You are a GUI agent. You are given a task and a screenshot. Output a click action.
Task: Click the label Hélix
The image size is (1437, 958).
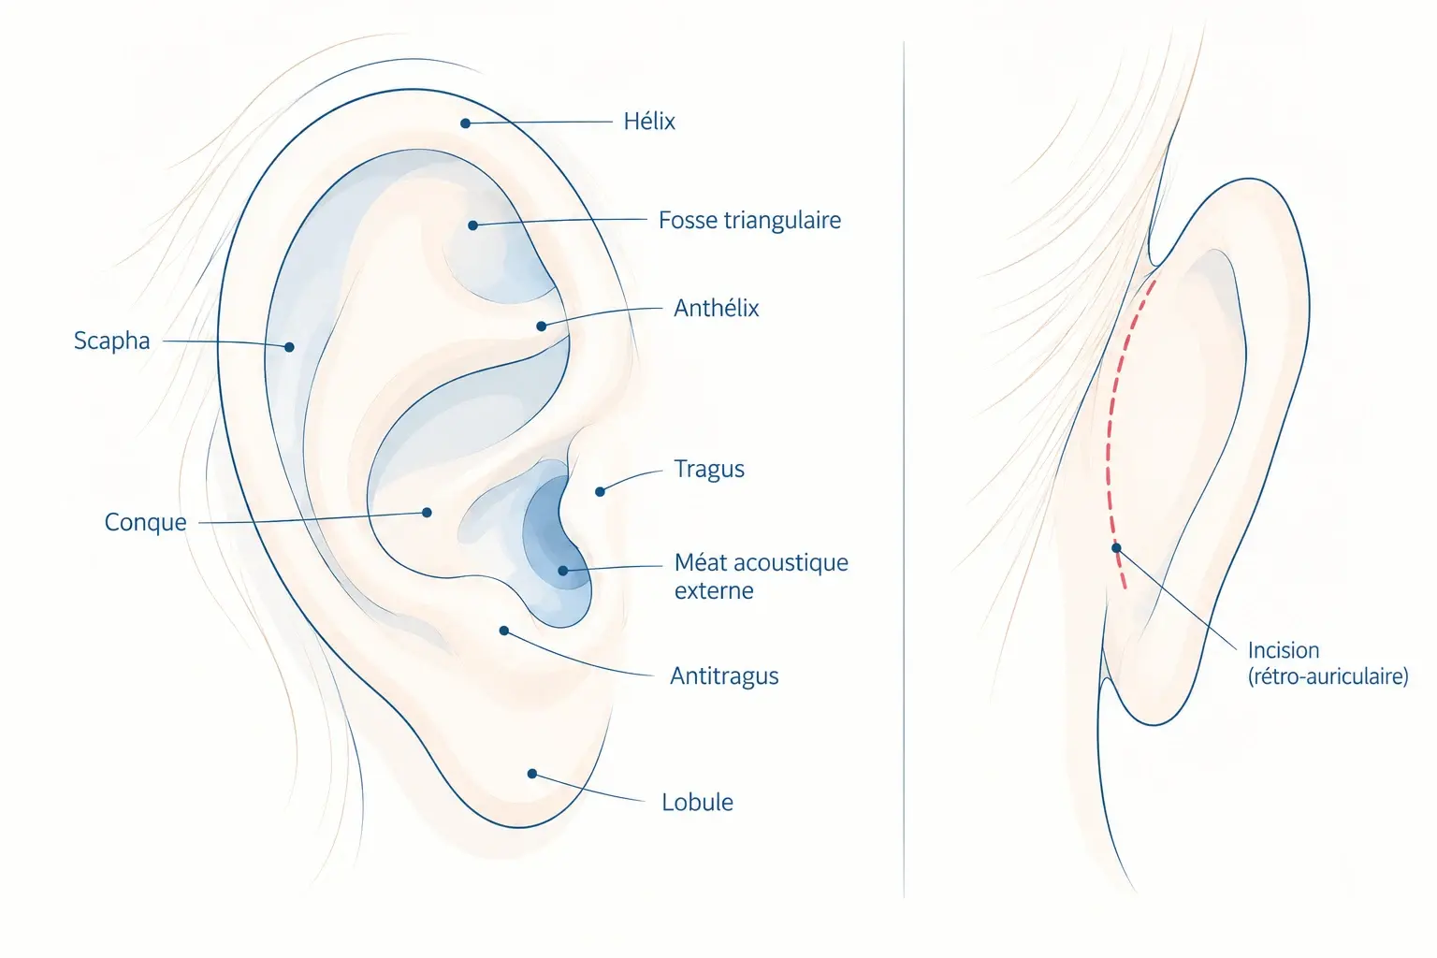point(649,122)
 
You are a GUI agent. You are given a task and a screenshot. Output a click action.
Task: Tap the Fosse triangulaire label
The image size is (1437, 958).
point(750,220)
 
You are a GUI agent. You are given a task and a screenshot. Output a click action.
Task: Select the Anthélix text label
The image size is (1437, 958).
point(716,308)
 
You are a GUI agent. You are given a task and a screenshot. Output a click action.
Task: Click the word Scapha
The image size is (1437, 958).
point(111,341)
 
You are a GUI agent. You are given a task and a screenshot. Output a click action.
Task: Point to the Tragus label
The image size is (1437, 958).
point(709,469)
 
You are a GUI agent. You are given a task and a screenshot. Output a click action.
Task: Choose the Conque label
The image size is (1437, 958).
point(146,522)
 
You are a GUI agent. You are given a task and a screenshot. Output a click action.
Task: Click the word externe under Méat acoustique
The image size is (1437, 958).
point(714,590)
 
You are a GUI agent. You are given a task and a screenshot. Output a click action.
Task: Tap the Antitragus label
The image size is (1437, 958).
point(724,675)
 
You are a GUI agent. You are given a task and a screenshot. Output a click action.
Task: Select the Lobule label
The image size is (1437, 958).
point(697,802)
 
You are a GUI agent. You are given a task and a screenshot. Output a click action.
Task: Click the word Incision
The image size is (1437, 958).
point(1284,650)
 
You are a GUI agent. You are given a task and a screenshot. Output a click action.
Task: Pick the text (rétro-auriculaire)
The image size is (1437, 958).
point(1328,676)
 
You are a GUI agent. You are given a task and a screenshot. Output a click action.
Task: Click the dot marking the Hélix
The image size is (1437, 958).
point(466,123)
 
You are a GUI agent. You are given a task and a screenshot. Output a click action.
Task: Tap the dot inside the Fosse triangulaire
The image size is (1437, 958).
point(472,225)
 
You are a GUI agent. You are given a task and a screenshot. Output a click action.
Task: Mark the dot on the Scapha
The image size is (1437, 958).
point(289,347)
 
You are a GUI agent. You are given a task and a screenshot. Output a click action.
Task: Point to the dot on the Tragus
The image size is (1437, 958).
point(600,491)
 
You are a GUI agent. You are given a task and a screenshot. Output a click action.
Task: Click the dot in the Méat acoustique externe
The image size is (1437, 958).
point(562,571)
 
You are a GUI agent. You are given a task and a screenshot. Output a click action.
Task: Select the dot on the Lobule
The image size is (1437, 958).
point(531,774)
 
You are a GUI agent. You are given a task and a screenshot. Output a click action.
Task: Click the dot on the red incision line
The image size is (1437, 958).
point(1116,548)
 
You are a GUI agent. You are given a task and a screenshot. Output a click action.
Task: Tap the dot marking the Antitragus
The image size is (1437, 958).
point(504,631)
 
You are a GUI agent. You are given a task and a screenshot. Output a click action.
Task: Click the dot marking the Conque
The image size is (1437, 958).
point(427,512)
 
